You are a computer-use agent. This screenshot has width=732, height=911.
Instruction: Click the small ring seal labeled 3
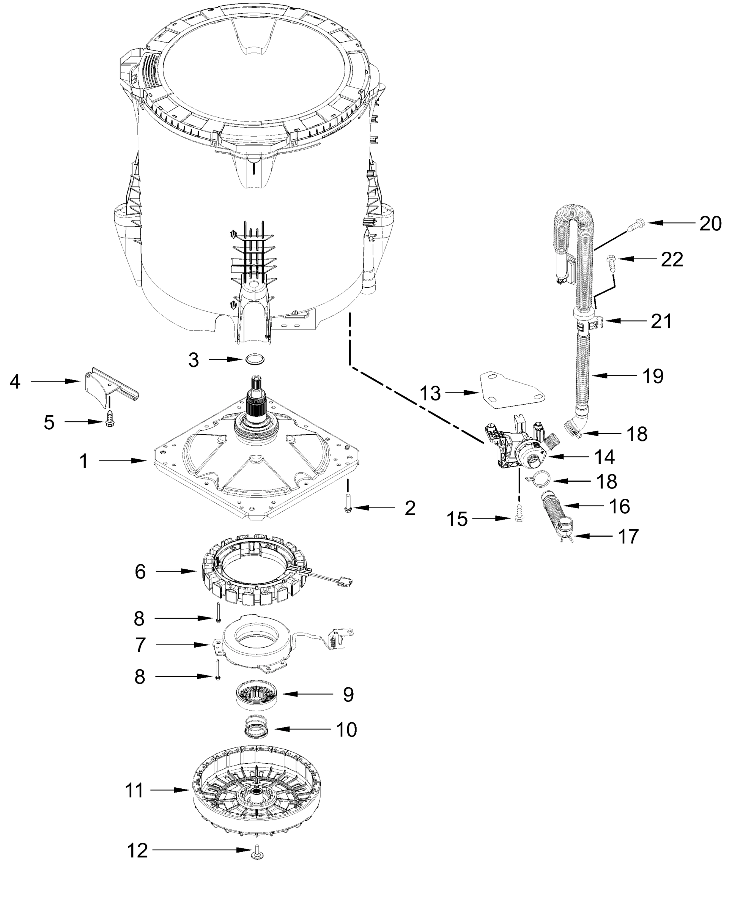coord(254,359)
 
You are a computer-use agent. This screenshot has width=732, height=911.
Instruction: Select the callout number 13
coord(430,393)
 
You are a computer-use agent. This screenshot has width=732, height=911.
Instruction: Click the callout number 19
coord(653,376)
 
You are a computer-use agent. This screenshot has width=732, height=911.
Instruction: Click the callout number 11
coord(135,790)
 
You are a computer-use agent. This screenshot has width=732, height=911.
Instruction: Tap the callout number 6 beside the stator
coord(140,572)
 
